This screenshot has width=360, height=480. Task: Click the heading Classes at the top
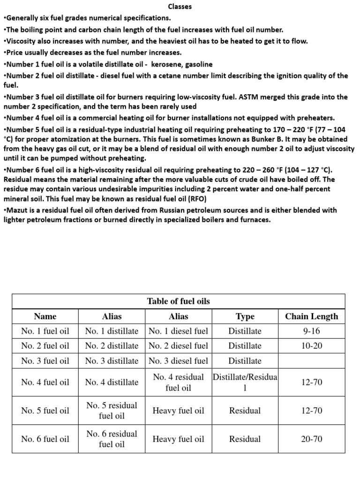(x=180, y=7)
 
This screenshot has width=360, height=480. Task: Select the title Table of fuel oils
(x=179, y=301)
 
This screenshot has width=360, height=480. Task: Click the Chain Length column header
(x=311, y=316)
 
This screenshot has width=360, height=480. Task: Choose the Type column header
(x=245, y=316)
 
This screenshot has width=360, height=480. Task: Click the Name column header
(x=45, y=316)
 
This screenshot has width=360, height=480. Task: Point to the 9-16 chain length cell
(x=311, y=331)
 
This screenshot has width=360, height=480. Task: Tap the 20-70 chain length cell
(x=311, y=439)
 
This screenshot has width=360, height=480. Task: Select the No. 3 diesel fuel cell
(x=178, y=360)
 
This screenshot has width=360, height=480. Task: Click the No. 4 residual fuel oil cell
(x=178, y=382)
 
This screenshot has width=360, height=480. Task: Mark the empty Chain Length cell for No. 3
(x=311, y=360)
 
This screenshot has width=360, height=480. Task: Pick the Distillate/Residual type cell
(x=245, y=382)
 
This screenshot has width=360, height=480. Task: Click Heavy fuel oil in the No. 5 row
(x=178, y=411)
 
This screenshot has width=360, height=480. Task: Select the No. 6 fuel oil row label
(x=45, y=439)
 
